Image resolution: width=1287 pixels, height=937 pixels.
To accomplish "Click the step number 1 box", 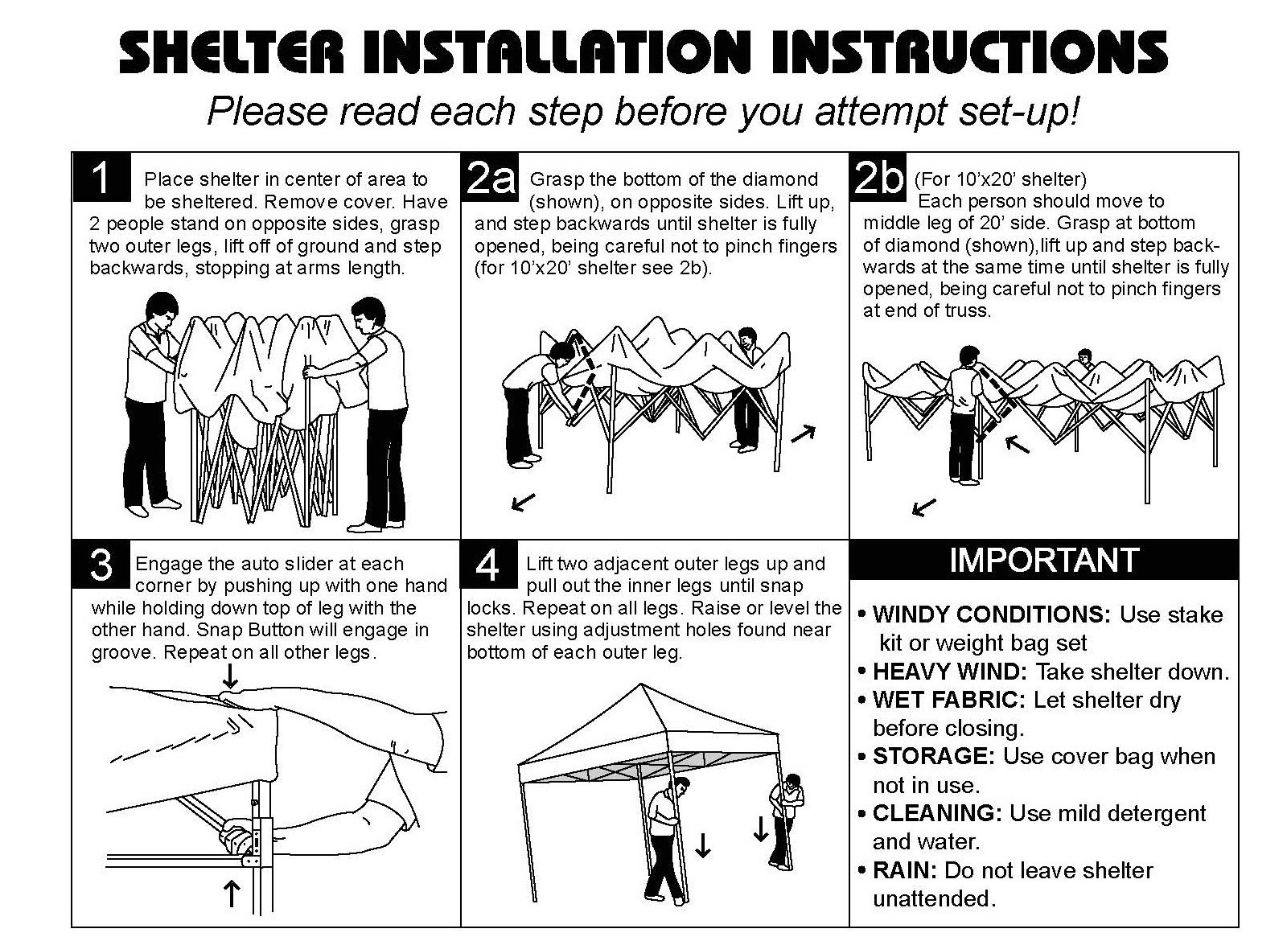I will pyautogui.click(x=101, y=178).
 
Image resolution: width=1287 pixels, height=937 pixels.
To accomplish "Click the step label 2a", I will pyautogui.click(x=491, y=178).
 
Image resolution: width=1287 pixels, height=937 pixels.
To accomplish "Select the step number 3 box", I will pyautogui.click(x=101, y=564).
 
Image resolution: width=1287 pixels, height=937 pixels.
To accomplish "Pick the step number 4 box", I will pyautogui.click(x=487, y=564).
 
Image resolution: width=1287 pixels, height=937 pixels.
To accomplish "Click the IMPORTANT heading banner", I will pyautogui.click(x=1043, y=560).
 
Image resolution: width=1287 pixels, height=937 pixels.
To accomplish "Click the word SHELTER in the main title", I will pyautogui.click(x=233, y=53).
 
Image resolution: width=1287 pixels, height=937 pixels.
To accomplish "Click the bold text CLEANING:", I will pyautogui.click(x=937, y=813).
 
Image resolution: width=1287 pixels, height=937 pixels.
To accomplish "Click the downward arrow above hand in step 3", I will pyautogui.click(x=231, y=673).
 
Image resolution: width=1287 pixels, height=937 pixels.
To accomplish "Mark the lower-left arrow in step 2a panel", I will pyautogui.click(x=524, y=503).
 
